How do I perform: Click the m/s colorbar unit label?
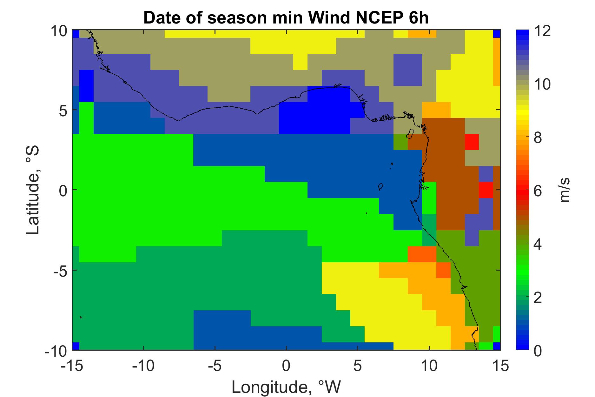point(565,190)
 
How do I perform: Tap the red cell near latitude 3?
point(472,142)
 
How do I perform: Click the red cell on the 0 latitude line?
point(486,190)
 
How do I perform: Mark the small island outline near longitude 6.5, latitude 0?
point(381,186)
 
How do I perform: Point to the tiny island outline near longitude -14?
point(81,317)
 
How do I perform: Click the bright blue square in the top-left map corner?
point(76,34)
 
